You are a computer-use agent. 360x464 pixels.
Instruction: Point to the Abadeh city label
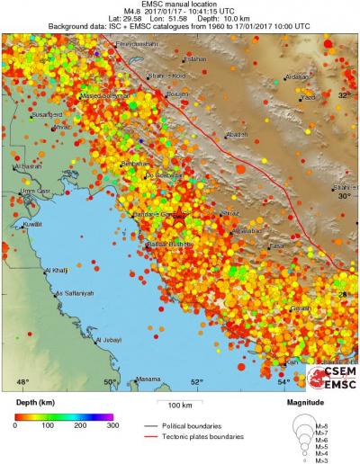[x=237, y=134]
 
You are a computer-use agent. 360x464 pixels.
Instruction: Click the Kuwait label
[x=33, y=223]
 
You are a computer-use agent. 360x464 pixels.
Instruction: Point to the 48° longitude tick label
[x=23, y=382]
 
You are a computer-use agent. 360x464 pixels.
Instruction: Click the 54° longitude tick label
[x=283, y=382]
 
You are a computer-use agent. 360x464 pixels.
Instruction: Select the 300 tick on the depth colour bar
[x=111, y=424]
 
